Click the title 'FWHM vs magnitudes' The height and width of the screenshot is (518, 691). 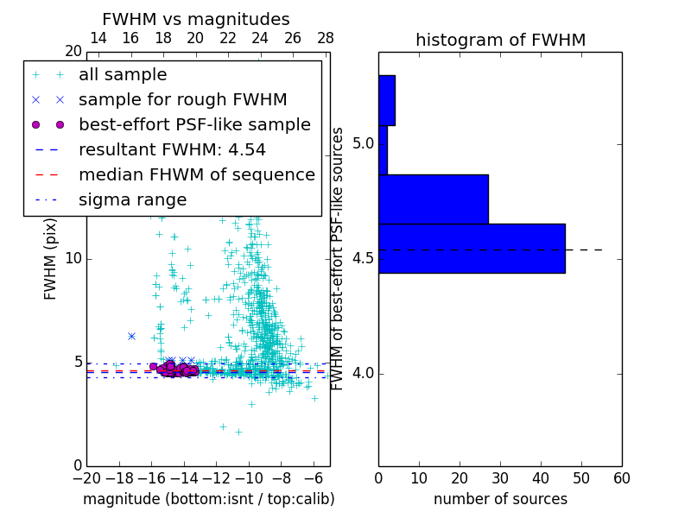click(196, 19)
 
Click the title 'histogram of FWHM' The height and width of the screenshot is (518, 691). click(500, 40)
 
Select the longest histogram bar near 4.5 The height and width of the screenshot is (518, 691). click(472, 249)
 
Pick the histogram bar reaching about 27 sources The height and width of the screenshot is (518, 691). click(433, 199)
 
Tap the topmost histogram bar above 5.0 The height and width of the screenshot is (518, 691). click(386, 100)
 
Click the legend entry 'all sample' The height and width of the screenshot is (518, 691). click(123, 75)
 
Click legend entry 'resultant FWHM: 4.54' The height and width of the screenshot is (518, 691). click(172, 149)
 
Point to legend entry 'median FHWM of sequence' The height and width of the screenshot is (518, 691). click(196, 174)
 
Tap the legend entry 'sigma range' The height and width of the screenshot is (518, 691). click(132, 199)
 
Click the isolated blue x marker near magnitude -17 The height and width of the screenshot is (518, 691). click(131, 336)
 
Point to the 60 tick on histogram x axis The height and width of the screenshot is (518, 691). click(621, 477)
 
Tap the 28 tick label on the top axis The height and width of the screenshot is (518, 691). click(326, 39)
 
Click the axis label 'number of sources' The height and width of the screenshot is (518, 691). click(500, 499)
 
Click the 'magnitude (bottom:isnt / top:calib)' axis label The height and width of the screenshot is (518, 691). click(208, 499)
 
